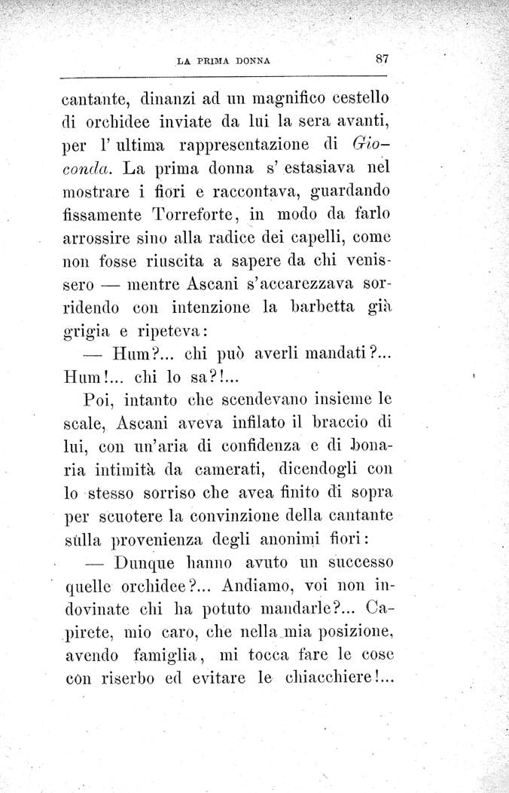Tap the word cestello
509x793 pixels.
coord(356,98)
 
